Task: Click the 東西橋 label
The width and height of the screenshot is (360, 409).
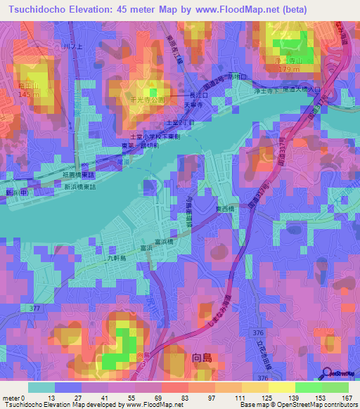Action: coord(225,209)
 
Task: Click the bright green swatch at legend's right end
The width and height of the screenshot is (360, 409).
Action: coord(335,387)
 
